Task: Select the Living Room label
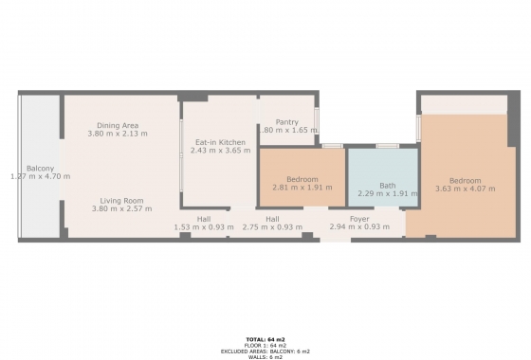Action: point(120,200)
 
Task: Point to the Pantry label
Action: point(287,121)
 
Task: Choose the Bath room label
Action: point(387,186)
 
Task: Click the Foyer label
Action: point(359,219)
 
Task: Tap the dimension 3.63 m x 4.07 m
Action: point(465,189)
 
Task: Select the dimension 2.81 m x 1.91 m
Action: point(302,187)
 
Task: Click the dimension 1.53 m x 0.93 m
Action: point(204,227)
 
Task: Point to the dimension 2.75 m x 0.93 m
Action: point(272,227)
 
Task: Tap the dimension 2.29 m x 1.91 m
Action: point(387,193)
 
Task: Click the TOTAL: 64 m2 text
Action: point(265,338)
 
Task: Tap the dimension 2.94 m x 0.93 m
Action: point(359,227)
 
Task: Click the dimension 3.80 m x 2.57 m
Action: point(120,207)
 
